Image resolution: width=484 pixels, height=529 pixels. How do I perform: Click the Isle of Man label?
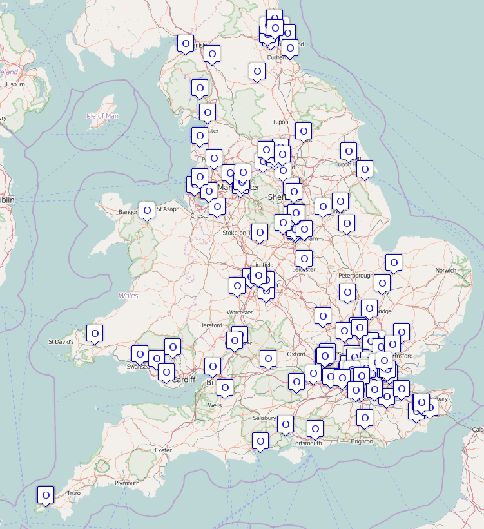(x=102, y=116)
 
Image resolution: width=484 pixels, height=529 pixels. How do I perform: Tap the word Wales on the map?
(x=128, y=296)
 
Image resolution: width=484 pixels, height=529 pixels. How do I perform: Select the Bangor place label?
(x=128, y=211)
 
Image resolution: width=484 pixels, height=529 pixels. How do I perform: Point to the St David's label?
(x=62, y=341)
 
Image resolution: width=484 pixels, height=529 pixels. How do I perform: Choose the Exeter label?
(x=164, y=450)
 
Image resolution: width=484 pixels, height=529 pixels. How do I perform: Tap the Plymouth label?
(x=127, y=483)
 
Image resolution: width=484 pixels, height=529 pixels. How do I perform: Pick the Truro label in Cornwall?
(x=73, y=493)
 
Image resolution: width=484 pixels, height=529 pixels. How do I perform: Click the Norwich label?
(x=447, y=270)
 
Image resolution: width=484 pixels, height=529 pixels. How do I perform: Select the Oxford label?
(x=296, y=354)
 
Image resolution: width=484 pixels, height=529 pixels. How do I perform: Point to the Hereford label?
(x=211, y=325)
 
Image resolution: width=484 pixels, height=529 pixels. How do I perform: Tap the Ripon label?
(x=281, y=122)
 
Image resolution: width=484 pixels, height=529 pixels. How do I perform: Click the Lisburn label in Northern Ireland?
(x=15, y=84)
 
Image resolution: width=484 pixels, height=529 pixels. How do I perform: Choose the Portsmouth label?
(x=307, y=443)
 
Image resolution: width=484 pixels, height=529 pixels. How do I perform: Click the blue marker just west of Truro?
(x=46, y=495)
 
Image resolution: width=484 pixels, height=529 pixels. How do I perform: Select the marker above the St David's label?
(x=95, y=334)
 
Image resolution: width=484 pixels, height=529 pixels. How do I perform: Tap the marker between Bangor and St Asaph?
(x=148, y=210)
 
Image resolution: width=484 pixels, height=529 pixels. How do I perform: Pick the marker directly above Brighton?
(x=365, y=418)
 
